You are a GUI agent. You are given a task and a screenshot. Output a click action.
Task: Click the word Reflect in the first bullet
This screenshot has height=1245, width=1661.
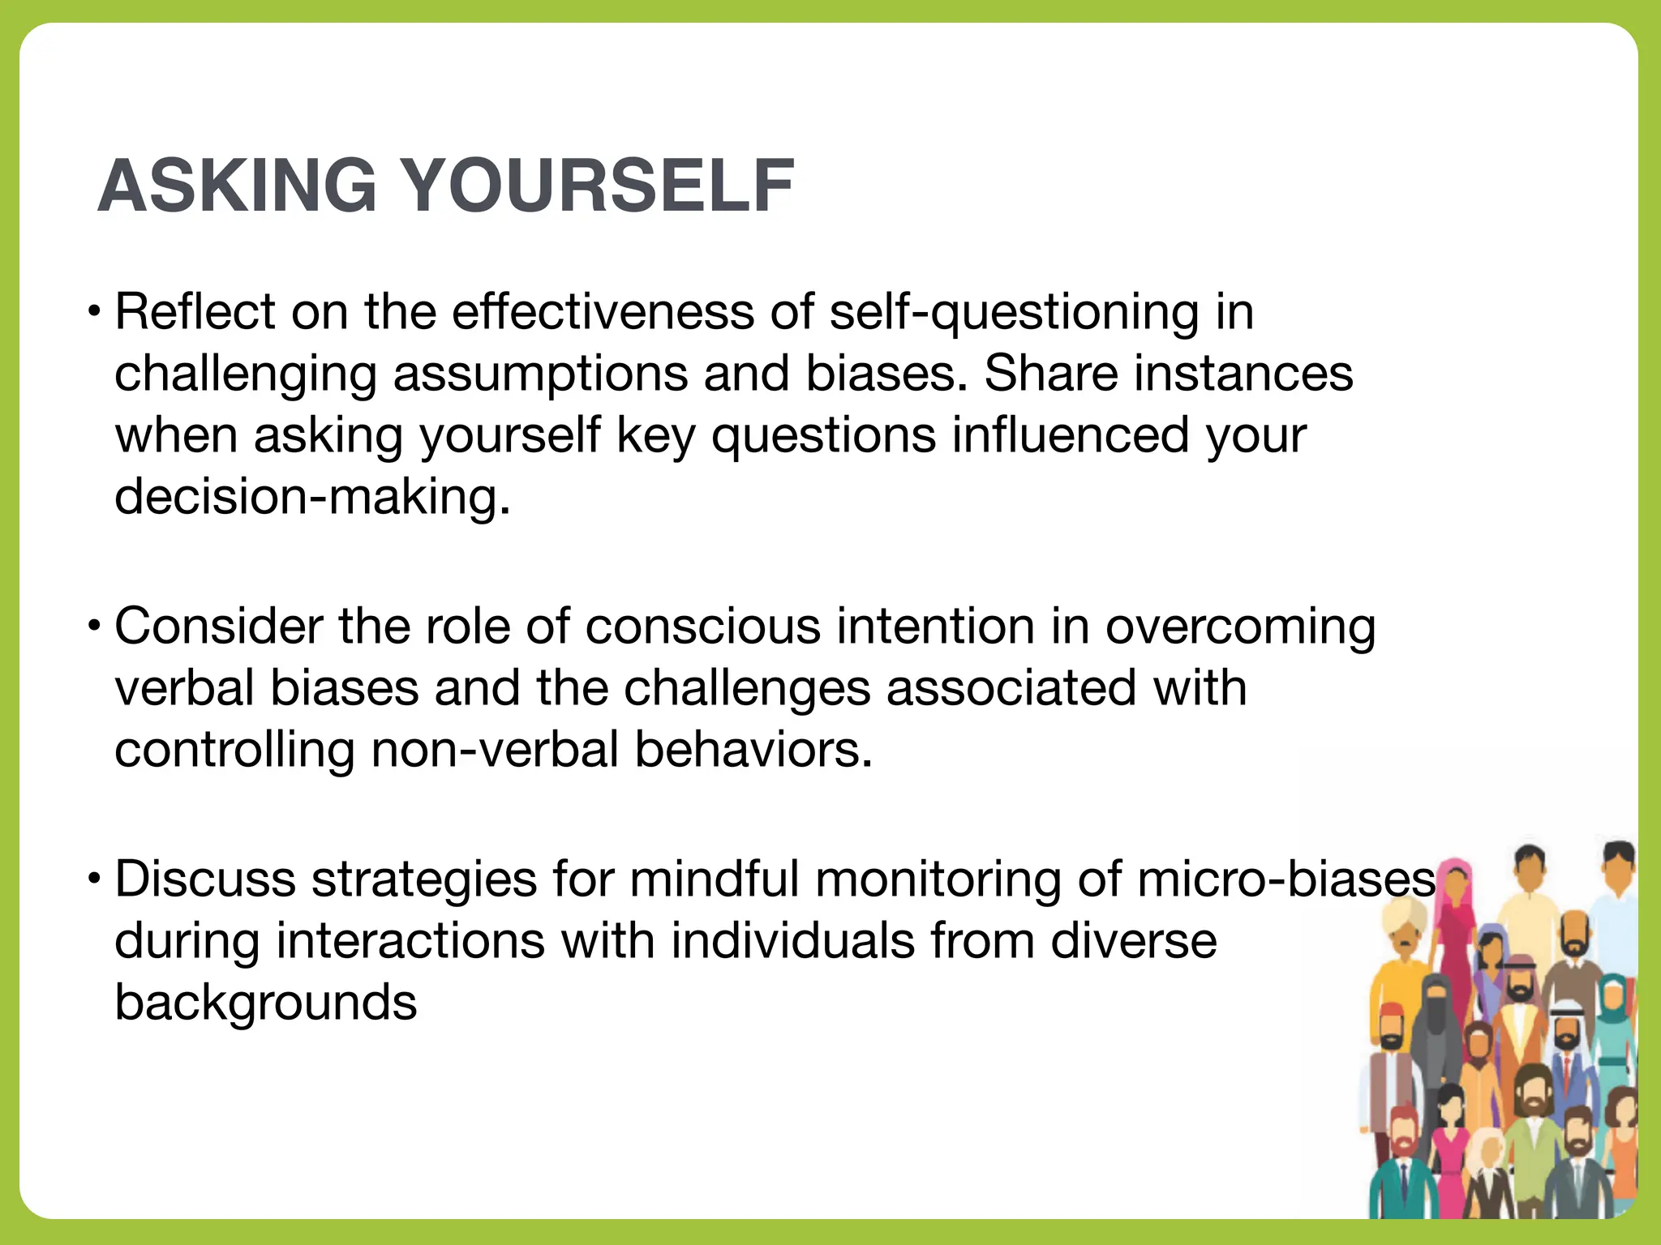point(195,311)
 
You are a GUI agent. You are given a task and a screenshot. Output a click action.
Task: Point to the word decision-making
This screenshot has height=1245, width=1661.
point(312,496)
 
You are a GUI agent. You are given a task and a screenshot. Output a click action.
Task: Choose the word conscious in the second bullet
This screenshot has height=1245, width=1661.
point(702,627)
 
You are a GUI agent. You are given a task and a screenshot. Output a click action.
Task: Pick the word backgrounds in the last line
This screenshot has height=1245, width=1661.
point(265,1003)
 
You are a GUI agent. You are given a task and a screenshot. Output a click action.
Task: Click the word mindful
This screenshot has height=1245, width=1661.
point(715,879)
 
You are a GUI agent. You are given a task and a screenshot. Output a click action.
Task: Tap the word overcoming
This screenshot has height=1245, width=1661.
point(1240,627)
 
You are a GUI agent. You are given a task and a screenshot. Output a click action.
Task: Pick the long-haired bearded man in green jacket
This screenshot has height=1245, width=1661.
point(1533,1119)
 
